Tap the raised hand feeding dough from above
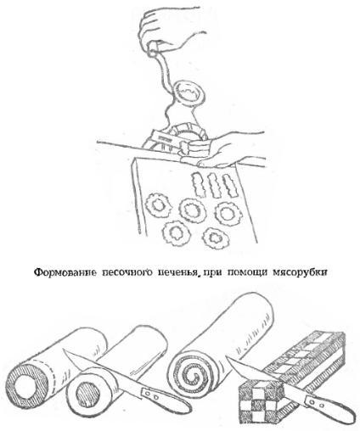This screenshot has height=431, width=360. pos(162,34)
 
